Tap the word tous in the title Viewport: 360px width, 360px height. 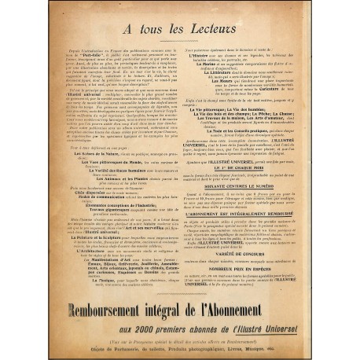pos(147,34)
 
